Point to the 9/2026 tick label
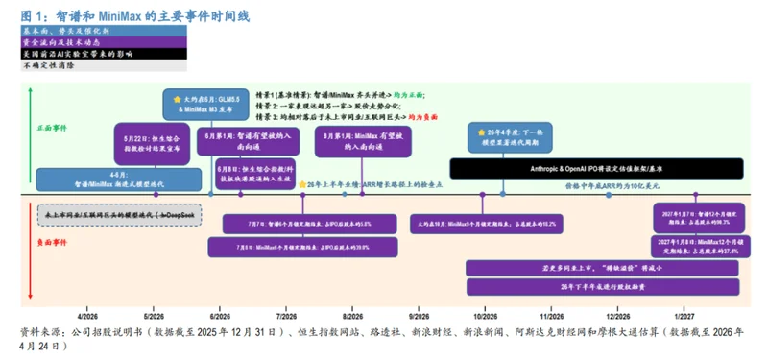pyautogui.click(x=419, y=314)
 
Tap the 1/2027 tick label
pyautogui.click(x=684, y=314)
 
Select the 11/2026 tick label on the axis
pyautogui.click(x=551, y=314)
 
